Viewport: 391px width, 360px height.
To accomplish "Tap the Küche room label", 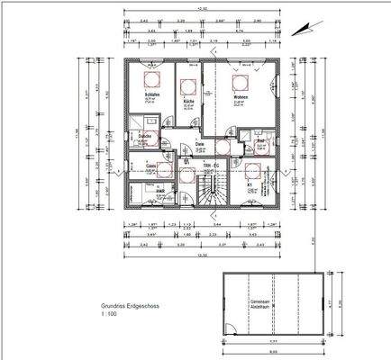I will point(188,103).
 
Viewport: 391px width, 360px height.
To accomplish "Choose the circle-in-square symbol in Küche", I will point(188,86).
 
